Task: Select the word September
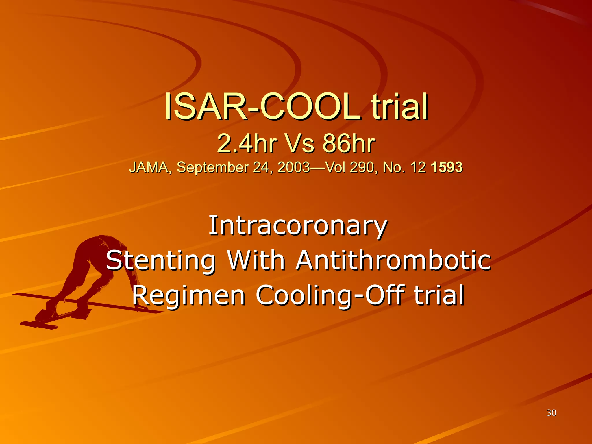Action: pos(213,167)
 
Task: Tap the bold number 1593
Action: pos(447,167)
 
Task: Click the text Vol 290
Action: pos(349,167)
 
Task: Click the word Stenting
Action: pos(161,261)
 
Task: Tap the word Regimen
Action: pos(188,295)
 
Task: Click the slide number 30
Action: pos(551,413)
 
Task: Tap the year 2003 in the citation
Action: pos(293,167)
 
